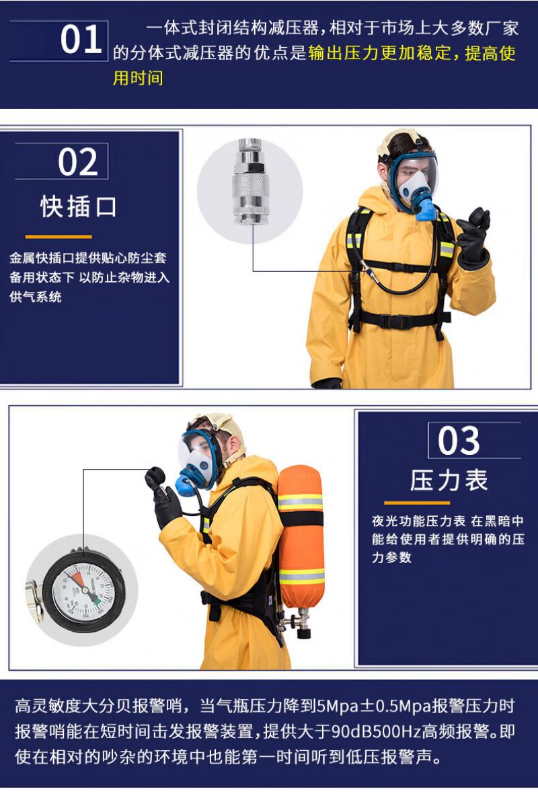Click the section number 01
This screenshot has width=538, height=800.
pyautogui.click(x=81, y=39)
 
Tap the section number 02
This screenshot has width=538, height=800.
pyautogui.click(x=77, y=162)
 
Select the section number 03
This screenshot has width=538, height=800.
pyautogui.click(x=459, y=441)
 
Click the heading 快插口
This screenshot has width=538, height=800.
pyautogui.click(x=79, y=207)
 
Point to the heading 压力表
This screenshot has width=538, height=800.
pyautogui.click(x=449, y=480)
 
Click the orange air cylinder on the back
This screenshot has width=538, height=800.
pyautogui.click(x=301, y=536)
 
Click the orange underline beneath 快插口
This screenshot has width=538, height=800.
pyautogui.click(x=59, y=237)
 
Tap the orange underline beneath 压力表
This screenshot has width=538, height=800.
pyautogui.click(x=417, y=503)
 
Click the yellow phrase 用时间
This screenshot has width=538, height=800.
pyautogui.click(x=138, y=78)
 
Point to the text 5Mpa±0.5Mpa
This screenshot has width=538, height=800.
pyautogui.click(x=374, y=706)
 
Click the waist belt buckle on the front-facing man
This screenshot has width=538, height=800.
pyautogui.click(x=393, y=322)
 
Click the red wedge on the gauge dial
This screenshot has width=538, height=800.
pyautogui.click(x=77, y=579)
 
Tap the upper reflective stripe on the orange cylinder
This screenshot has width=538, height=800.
pyautogui.click(x=301, y=502)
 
